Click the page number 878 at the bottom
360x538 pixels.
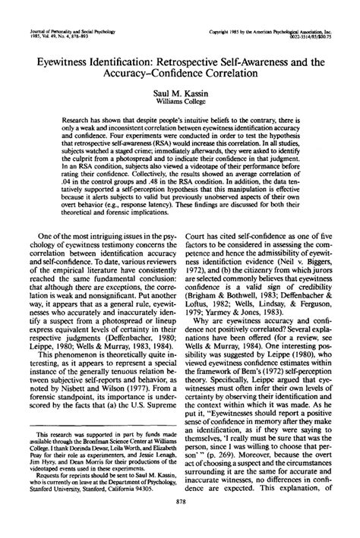coord(180,524)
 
